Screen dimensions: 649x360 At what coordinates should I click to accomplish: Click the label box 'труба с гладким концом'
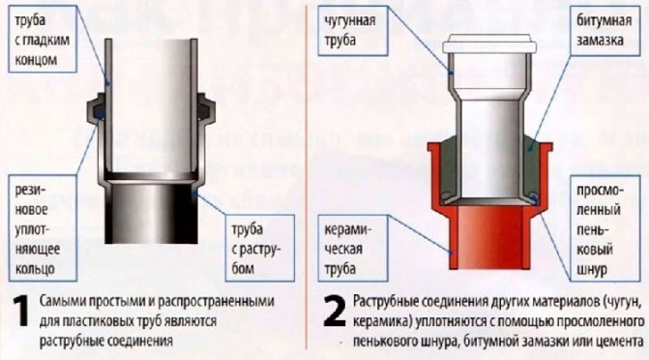pyautogui.click(x=43, y=40)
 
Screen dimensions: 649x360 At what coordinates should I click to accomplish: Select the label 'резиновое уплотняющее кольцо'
pyautogui.click(x=43, y=228)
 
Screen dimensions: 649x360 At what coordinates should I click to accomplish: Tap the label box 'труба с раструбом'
pyautogui.click(x=260, y=248)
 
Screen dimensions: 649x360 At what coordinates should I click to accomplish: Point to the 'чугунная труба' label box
pyautogui.click(x=353, y=31)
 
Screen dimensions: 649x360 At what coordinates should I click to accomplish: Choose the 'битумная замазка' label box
pyautogui.click(x=605, y=31)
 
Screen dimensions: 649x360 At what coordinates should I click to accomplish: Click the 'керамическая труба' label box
pyautogui.click(x=353, y=248)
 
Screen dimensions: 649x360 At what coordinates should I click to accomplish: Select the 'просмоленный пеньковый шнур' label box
pyautogui.click(x=605, y=228)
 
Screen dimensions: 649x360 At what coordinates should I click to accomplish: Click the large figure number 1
pyautogui.click(x=20, y=312)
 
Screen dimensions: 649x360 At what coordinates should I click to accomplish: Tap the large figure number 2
pyautogui.click(x=334, y=312)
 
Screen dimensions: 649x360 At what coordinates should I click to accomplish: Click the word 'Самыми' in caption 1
pyautogui.click(x=59, y=301)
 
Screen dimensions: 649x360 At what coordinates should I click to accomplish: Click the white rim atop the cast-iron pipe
pyautogui.click(x=489, y=44)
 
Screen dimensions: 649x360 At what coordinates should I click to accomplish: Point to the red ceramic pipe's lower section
pyautogui.click(x=489, y=238)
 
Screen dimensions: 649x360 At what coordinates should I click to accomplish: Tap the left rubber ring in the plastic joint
pyautogui.click(x=100, y=112)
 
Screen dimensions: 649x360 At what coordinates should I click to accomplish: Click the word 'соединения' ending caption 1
pyautogui.click(x=139, y=341)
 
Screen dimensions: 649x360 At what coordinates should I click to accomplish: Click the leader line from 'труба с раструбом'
pyautogui.click(x=210, y=203)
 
